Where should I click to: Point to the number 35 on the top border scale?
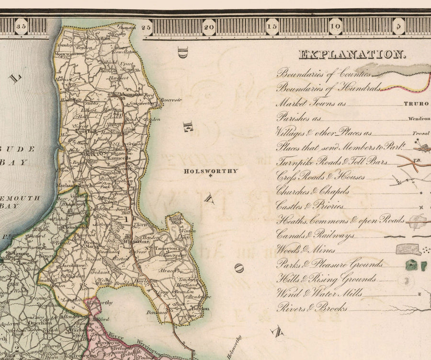click(x=22, y=26)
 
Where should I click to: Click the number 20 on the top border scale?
click(x=209, y=26)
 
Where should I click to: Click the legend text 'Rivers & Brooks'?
click(x=312, y=308)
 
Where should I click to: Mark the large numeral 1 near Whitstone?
click(x=125, y=219)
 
